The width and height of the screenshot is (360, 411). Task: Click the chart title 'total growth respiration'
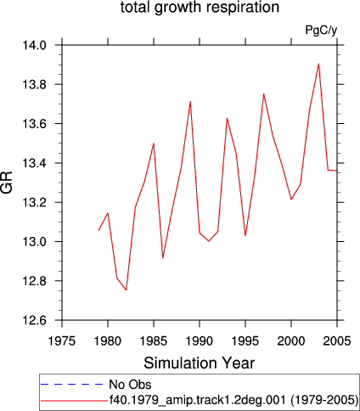pyautogui.click(x=200, y=8)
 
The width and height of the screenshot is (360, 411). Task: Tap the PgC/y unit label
pyautogui.click(x=321, y=30)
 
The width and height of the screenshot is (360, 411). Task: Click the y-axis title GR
pyautogui.click(x=7, y=182)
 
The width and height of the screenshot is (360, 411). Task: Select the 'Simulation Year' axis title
pyautogui.click(x=200, y=363)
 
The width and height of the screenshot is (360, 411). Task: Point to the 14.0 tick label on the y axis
pyautogui.click(x=34, y=45)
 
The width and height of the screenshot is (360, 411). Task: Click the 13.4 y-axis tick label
pyautogui.click(x=34, y=163)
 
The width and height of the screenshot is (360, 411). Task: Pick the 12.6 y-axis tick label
pyautogui.click(x=34, y=320)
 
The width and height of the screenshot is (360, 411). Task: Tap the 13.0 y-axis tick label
pyautogui.click(x=34, y=242)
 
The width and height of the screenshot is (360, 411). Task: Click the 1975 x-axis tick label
pyautogui.click(x=62, y=341)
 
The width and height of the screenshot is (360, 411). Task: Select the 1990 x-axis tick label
pyautogui.click(x=200, y=341)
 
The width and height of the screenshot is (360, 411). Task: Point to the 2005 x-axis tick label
pyautogui.click(x=337, y=341)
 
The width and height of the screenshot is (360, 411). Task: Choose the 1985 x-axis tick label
pyautogui.click(x=154, y=341)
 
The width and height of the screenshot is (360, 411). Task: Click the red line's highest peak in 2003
pyautogui.click(x=318, y=64)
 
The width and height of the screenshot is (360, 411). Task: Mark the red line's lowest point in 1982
pyautogui.click(x=127, y=290)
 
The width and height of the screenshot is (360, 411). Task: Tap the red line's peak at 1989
pyautogui.click(x=190, y=101)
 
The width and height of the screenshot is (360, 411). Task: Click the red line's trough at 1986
pyautogui.click(x=163, y=258)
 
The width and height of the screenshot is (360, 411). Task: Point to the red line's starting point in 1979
pyautogui.click(x=98, y=230)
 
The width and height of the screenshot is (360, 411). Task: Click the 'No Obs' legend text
pyautogui.click(x=130, y=385)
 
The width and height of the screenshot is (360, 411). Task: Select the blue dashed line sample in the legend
pyautogui.click(x=72, y=384)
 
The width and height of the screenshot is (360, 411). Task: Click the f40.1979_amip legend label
pyautogui.click(x=233, y=400)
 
